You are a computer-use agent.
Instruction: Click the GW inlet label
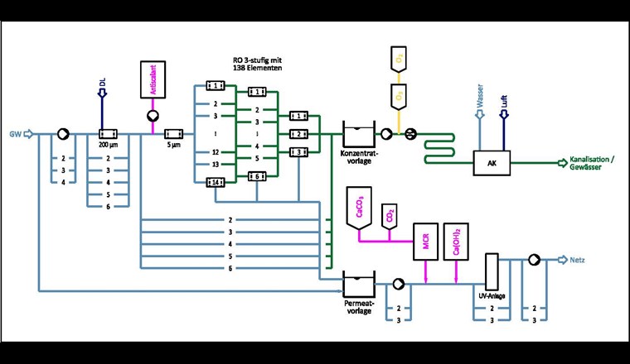point(14,133)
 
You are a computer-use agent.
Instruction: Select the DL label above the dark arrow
point(102,81)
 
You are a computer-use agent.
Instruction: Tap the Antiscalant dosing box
point(153,82)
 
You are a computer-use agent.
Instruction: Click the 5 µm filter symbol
point(174,133)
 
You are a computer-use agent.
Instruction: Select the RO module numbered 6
point(258,176)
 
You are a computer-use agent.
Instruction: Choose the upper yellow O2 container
point(399,60)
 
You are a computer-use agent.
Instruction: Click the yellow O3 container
point(399,96)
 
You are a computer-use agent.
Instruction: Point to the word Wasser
point(479,98)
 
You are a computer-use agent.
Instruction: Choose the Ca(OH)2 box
point(453,239)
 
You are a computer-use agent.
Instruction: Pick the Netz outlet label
point(578,259)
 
